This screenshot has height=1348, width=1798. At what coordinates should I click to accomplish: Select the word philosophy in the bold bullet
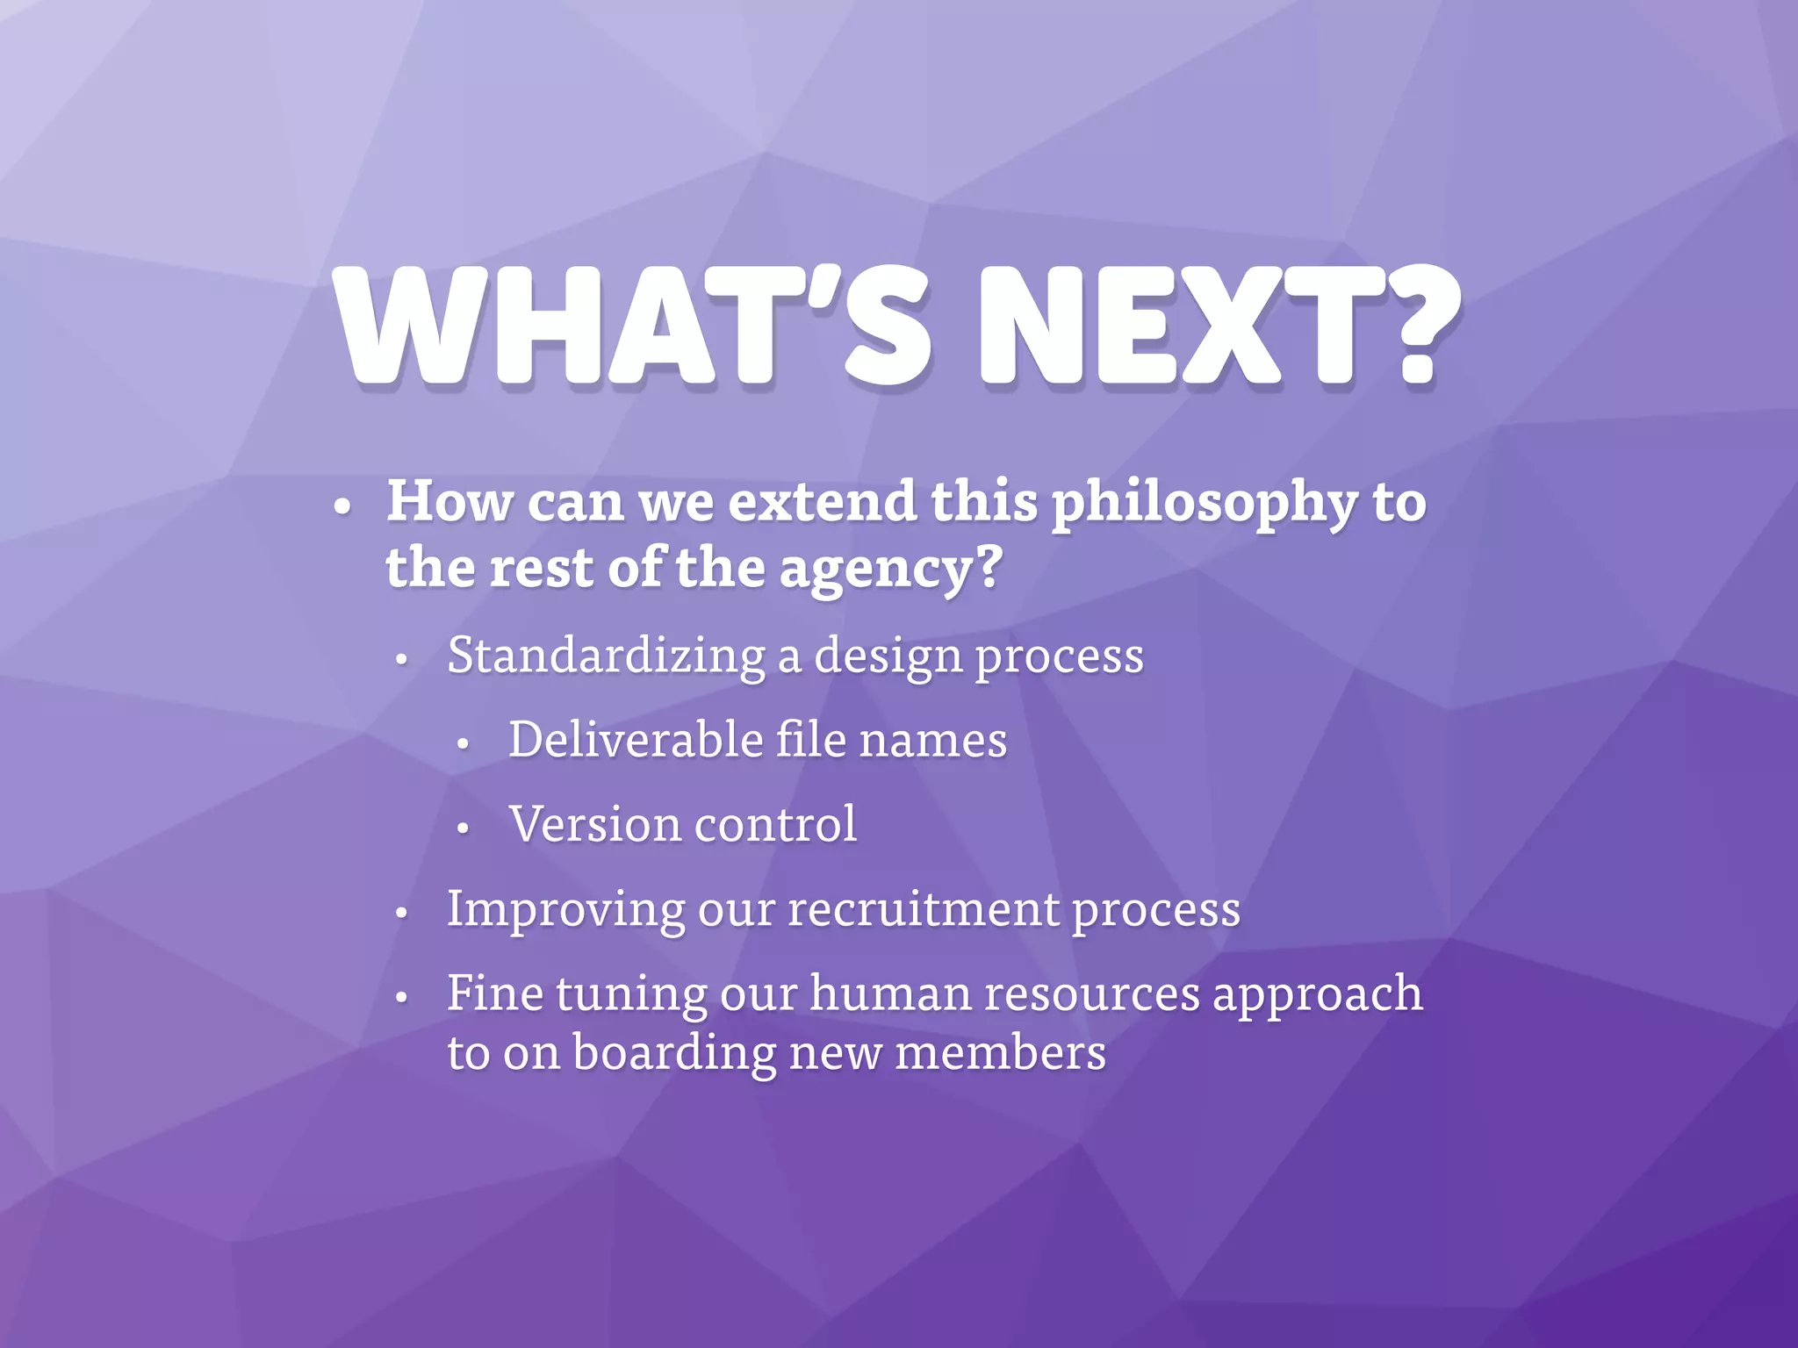point(1204,504)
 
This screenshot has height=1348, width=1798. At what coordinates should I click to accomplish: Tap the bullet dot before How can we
point(343,507)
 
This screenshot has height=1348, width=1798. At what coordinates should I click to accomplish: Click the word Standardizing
point(606,656)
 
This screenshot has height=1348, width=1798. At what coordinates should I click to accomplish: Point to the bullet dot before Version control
point(464,828)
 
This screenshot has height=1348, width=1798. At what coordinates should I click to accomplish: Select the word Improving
point(565,910)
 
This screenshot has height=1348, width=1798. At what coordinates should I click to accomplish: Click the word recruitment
point(923,909)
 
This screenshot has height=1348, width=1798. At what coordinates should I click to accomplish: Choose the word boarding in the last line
point(674,1054)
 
